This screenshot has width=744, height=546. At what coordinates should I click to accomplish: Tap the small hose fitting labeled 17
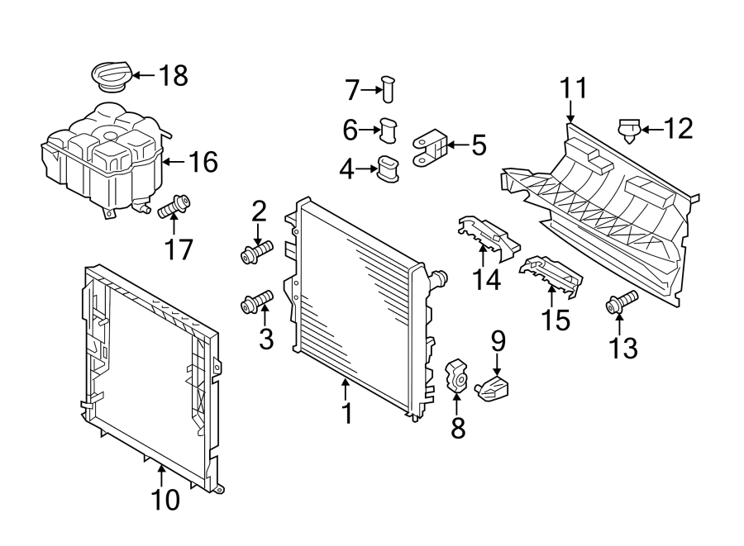pyautogui.click(x=174, y=207)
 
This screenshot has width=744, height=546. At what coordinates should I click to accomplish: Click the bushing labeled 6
pyautogui.click(x=389, y=130)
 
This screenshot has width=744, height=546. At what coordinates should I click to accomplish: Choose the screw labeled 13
pyautogui.click(x=622, y=302)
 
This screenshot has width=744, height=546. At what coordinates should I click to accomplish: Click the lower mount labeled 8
pyautogui.click(x=457, y=375)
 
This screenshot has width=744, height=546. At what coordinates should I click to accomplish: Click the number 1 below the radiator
pyautogui.click(x=347, y=413)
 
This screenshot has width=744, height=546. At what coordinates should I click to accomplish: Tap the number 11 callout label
pyautogui.click(x=573, y=87)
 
